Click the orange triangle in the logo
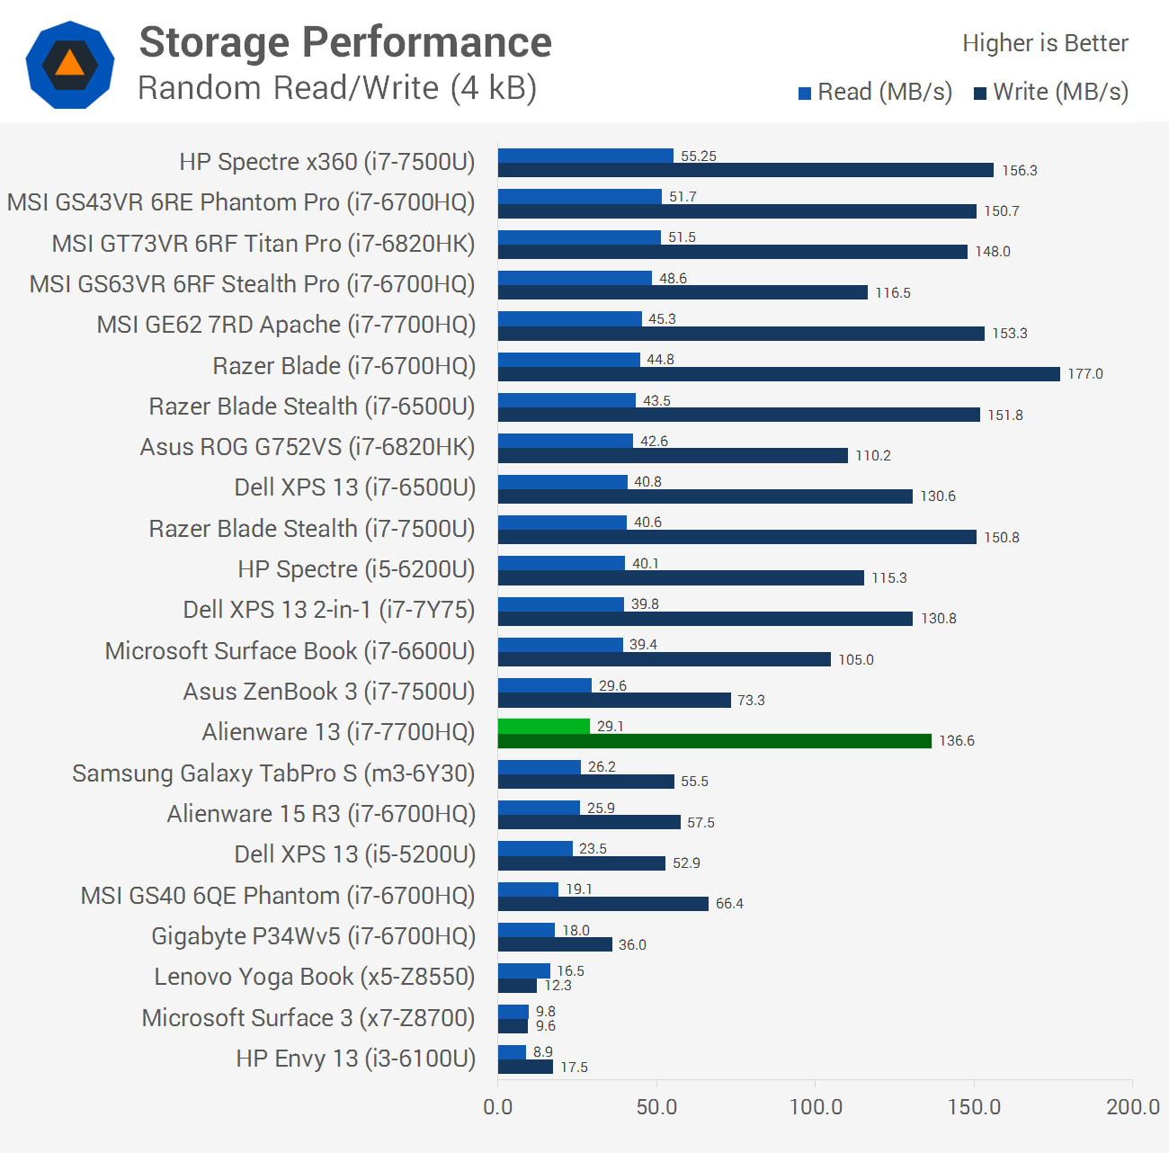[x=69, y=63]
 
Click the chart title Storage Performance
[x=345, y=42]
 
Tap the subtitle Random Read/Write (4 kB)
[x=337, y=88]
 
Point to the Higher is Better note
[x=1045, y=43]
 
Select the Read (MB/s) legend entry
[x=875, y=92]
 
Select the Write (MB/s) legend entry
[x=1051, y=92]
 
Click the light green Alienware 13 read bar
[x=544, y=726]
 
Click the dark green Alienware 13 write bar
[x=715, y=741]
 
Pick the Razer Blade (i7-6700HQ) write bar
[x=779, y=374]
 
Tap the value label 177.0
[x=1084, y=374]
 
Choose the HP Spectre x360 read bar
[x=585, y=156]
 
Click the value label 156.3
[x=1019, y=171]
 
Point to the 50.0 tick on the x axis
[x=656, y=1106]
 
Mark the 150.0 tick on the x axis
[x=974, y=1106]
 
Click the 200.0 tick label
[x=1132, y=1106]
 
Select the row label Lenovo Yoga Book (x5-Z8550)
[x=314, y=977]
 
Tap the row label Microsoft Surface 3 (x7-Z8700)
[x=308, y=1018]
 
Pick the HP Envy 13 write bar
[x=525, y=1067]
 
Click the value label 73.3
[x=751, y=701]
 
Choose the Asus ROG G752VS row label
[x=307, y=447]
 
